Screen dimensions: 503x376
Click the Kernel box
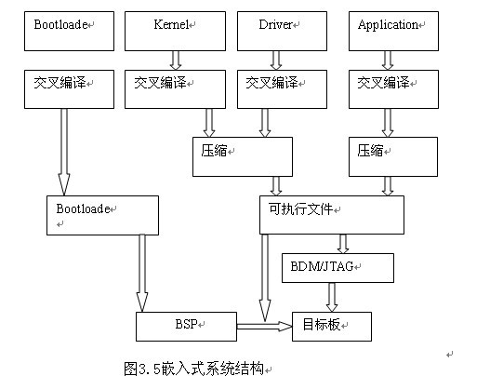(x=175, y=31)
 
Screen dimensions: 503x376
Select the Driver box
(x=282, y=31)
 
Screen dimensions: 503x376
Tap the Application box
(x=393, y=31)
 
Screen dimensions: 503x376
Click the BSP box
(x=186, y=327)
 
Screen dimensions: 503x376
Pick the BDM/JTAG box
(x=338, y=268)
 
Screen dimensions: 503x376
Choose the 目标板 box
(x=332, y=327)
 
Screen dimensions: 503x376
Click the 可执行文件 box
(x=332, y=215)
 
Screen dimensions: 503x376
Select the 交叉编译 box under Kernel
(x=175, y=89)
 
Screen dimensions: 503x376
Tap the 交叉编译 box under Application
(x=393, y=89)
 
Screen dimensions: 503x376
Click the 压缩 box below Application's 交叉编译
(x=393, y=156)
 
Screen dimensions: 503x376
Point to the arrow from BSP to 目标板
(x=264, y=327)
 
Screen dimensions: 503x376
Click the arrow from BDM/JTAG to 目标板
(x=332, y=297)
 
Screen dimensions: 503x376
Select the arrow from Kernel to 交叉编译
(x=176, y=60)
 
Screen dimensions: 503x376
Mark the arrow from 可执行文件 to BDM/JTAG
(x=343, y=244)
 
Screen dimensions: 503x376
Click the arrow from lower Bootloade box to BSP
(x=142, y=274)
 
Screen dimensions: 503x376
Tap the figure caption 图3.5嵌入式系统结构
(x=193, y=369)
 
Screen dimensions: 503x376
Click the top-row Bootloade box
(x=70, y=31)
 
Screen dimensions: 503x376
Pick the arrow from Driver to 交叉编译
(x=276, y=60)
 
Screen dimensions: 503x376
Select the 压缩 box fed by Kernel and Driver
(x=243, y=156)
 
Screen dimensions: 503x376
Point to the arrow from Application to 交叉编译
(x=388, y=60)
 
